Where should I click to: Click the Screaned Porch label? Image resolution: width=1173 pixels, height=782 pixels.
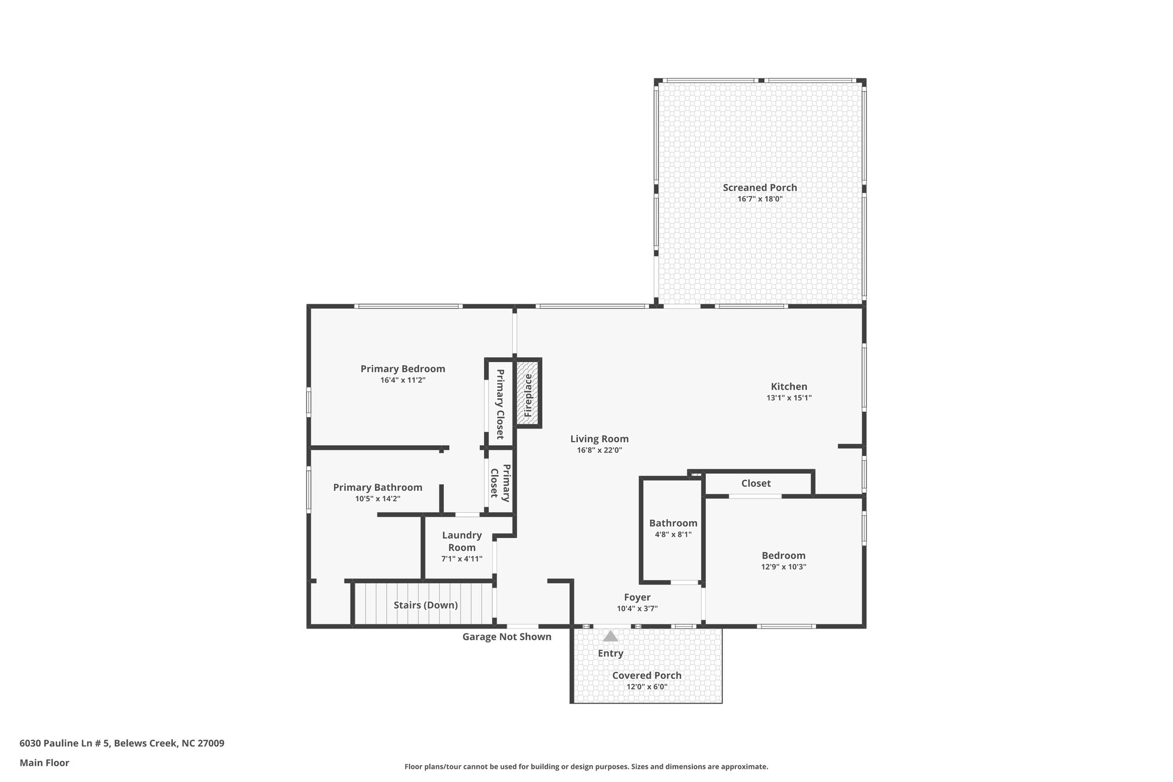pos(759,187)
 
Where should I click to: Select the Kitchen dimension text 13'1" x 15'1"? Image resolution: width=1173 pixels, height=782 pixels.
pos(789,398)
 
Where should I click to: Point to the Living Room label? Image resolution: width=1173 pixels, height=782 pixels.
pos(599,439)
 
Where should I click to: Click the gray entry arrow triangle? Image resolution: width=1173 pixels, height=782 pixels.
pos(611,636)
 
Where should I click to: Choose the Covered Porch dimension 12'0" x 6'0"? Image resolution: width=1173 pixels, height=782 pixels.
pos(647,687)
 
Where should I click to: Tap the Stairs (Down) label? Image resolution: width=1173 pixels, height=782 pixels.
pos(426,605)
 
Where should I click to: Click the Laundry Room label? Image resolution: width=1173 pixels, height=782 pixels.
pos(462,541)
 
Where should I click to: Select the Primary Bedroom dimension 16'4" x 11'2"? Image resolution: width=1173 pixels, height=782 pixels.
pos(403,380)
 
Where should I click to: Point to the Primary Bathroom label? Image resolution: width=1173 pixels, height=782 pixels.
pos(377,487)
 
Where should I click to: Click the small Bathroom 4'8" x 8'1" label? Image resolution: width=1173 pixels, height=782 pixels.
pos(673,523)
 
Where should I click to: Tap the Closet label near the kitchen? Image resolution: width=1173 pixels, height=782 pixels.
pos(755,483)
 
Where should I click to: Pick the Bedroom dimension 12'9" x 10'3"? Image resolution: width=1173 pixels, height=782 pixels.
pos(784,567)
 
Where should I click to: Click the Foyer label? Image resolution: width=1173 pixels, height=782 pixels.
pos(637,597)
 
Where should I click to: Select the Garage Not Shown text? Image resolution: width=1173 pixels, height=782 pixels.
pos(507,636)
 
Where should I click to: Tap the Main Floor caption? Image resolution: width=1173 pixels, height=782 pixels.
pos(44,763)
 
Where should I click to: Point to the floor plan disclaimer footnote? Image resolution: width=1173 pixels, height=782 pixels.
pos(586,767)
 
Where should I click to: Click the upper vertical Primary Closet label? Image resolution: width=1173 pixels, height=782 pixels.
pos(499,404)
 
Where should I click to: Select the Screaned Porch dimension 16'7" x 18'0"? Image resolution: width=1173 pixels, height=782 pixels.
pos(759,199)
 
